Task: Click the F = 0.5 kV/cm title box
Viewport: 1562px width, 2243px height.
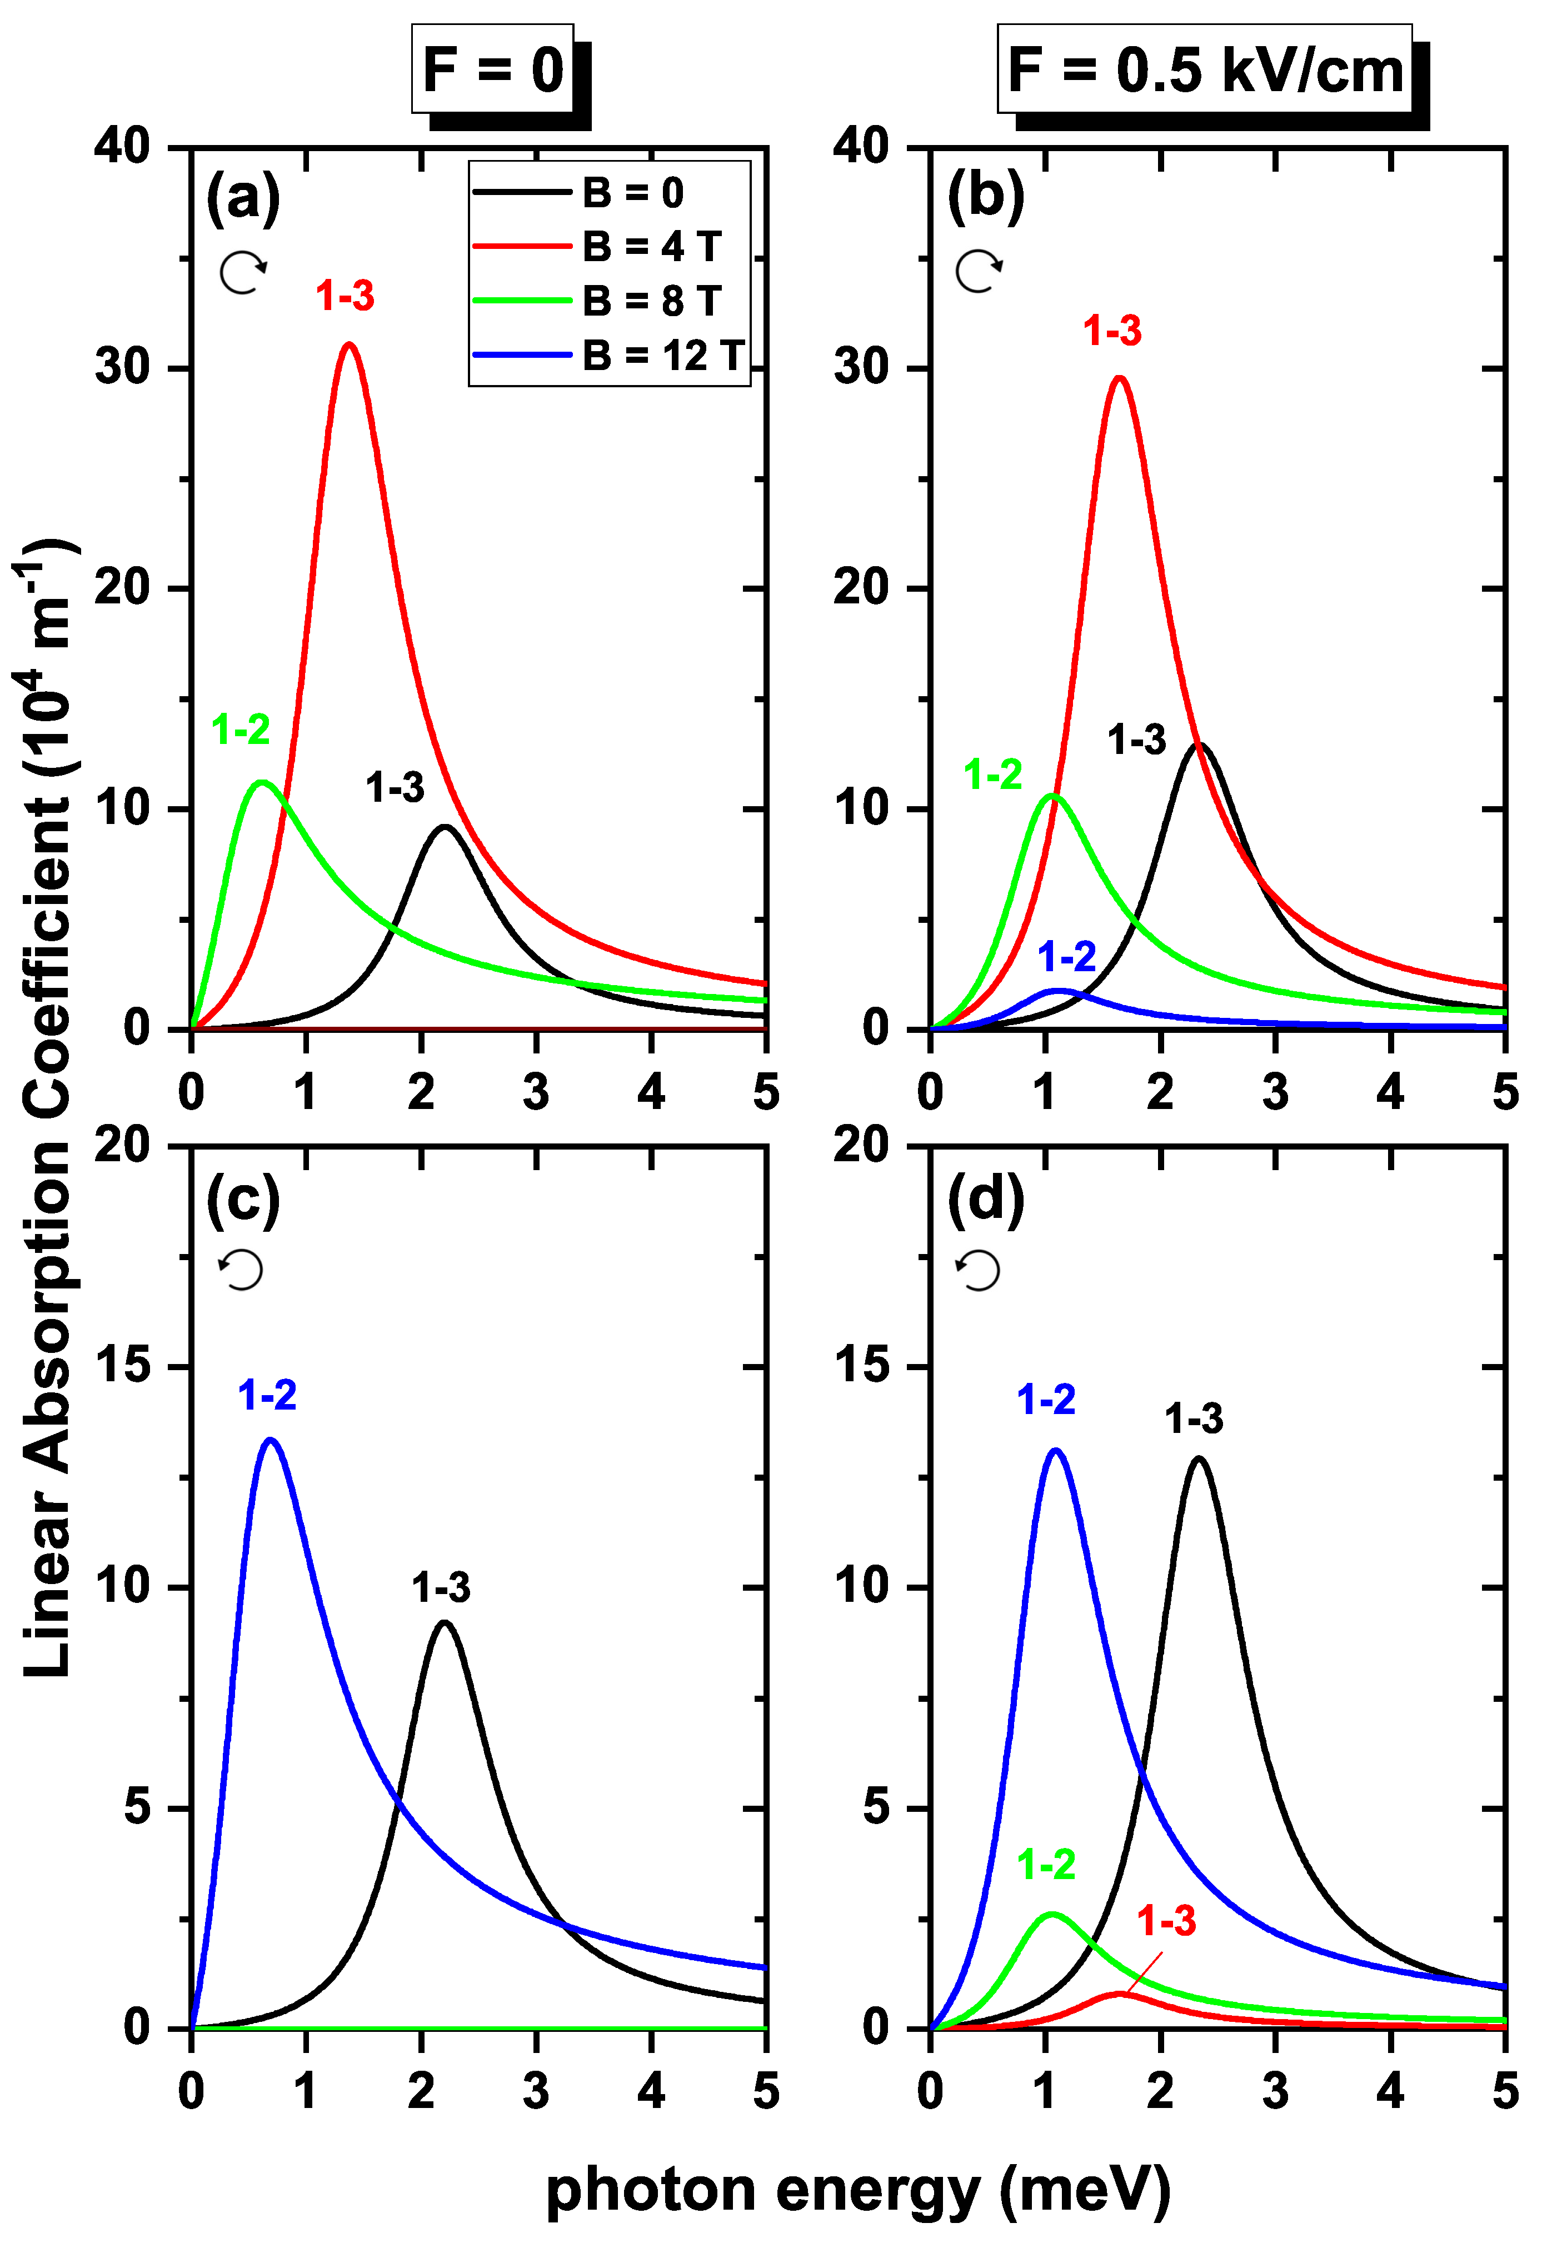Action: (1205, 71)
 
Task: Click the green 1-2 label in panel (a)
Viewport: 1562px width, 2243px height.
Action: (240, 729)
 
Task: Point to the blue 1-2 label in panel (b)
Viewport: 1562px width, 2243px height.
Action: (1067, 956)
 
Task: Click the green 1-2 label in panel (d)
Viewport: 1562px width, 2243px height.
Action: (1046, 1865)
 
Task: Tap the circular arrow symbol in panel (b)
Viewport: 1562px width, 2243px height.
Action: (979, 271)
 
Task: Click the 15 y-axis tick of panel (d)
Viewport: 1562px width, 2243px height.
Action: (862, 1366)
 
